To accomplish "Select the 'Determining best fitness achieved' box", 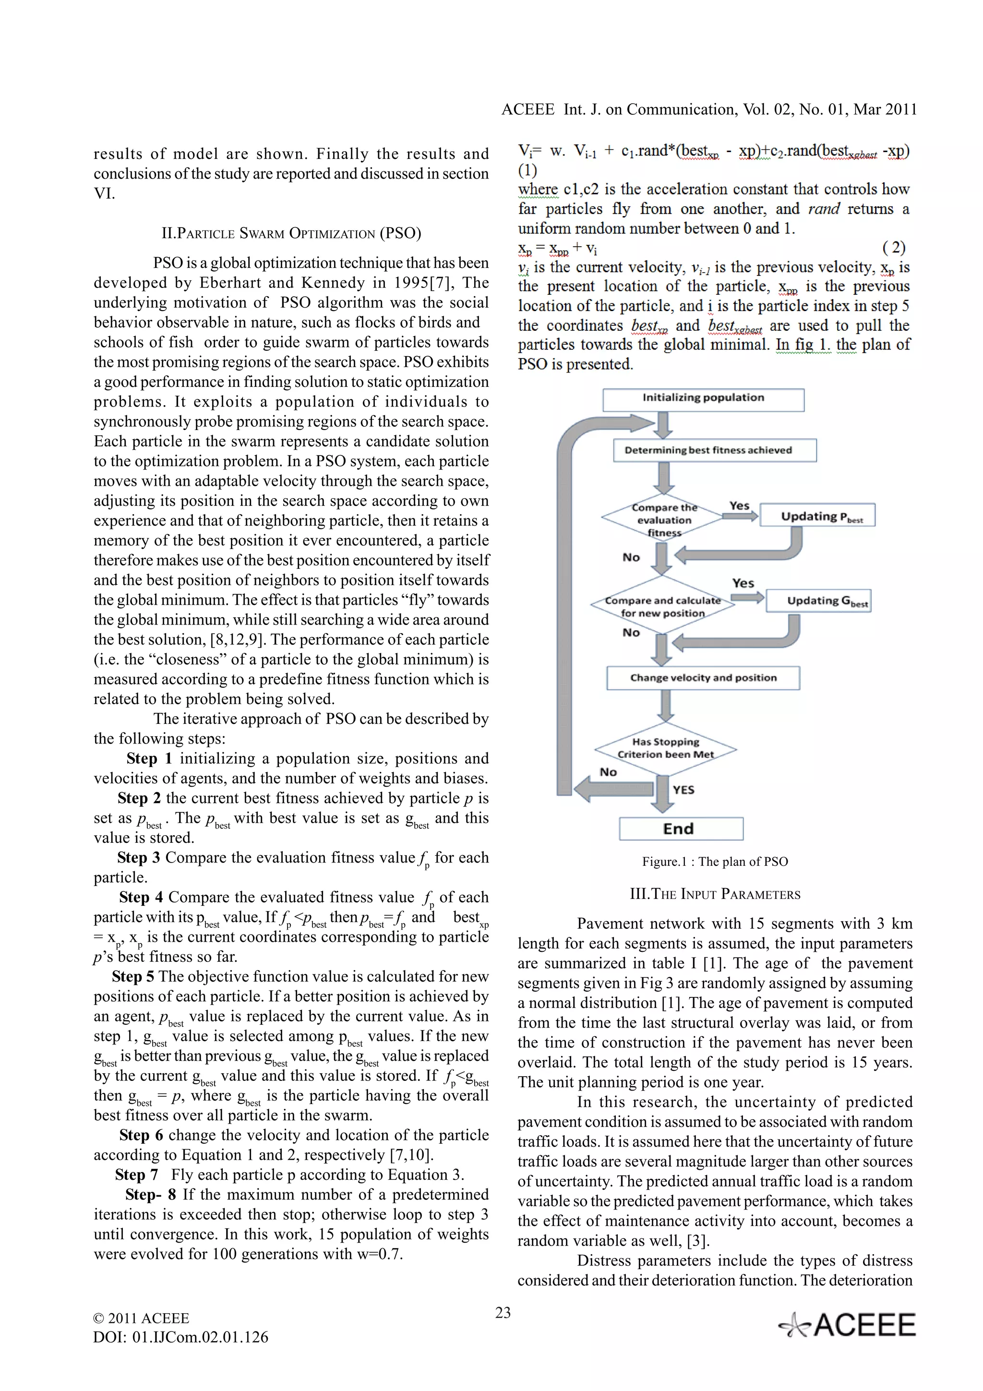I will pyautogui.click(x=714, y=450).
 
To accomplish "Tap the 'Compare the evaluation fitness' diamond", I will pyautogui.click(x=663, y=520).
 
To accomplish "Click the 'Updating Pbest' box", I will pyautogui.click(x=817, y=516).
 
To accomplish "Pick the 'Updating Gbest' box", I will pyautogui.click(x=818, y=600).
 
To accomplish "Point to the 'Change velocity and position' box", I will pyautogui.click(x=703, y=677).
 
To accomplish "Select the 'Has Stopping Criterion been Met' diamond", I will pyautogui.click(x=665, y=749).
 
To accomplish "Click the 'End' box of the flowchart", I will pyautogui.click(x=681, y=829).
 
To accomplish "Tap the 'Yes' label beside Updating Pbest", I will pyautogui.click(x=739, y=505).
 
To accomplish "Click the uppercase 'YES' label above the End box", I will pyautogui.click(x=683, y=790).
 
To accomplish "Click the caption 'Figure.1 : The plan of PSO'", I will pyautogui.click(x=715, y=862).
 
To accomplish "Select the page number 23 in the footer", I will pyautogui.click(x=503, y=1313).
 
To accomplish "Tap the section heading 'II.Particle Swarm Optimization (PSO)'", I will pyautogui.click(x=291, y=233).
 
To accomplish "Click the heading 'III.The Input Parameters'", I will pyautogui.click(x=715, y=894).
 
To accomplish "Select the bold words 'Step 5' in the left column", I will pyautogui.click(x=132, y=977).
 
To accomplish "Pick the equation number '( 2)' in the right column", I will pyautogui.click(x=893, y=247).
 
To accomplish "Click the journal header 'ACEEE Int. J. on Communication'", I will pyautogui.click(x=708, y=109).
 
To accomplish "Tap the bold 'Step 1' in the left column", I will pyautogui.click(x=149, y=758).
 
